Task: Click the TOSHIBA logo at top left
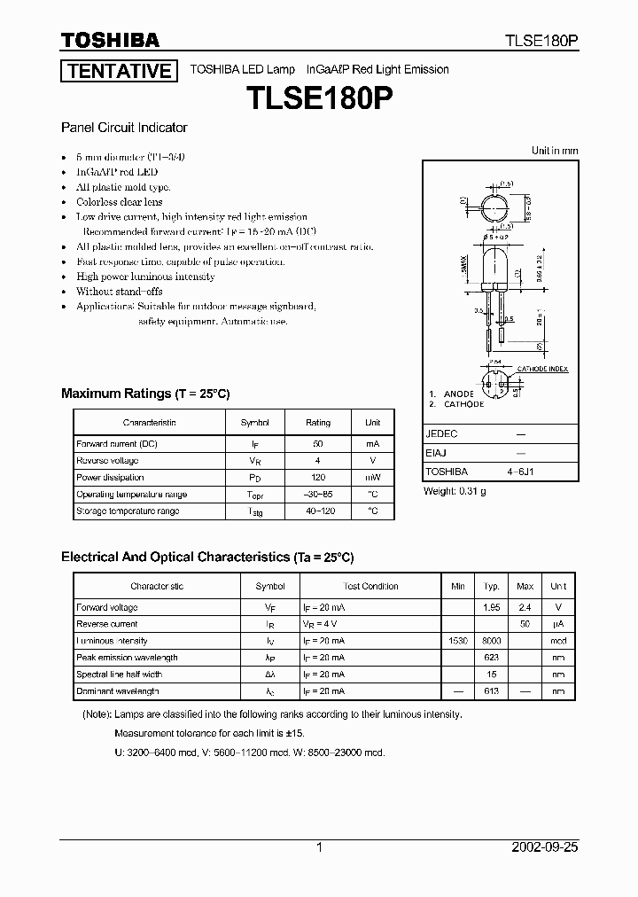[x=110, y=40]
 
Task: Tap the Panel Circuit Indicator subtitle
[x=124, y=128]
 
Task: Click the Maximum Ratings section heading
[x=144, y=394]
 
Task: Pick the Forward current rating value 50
[x=318, y=443]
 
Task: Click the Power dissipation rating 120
[x=318, y=477]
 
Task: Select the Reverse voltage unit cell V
[x=373, y=461]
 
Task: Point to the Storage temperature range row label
[x=128, y=511]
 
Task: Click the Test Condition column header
[x=370, y=586]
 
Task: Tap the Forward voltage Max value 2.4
[x=525, y=607]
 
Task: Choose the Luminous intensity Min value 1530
[x=458, y=641]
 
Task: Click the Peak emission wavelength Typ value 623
[x=492, y=658]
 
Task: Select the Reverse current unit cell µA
[x=558, y=624]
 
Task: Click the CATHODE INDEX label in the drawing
[x=542, y=369]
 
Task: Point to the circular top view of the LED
[x=493, y=210]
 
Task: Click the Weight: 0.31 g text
[x=455, y=491]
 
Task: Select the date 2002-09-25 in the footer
[x=545, y=847]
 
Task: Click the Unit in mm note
[x=555, y=151]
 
